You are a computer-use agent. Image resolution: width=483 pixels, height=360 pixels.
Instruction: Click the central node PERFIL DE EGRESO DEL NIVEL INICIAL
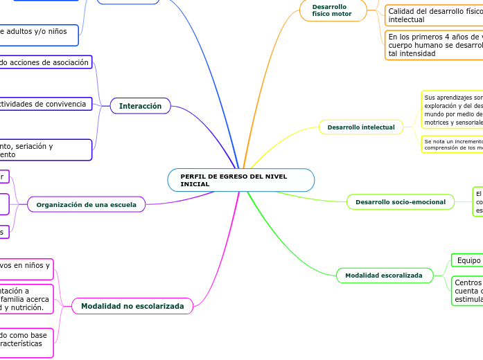coord(240,180)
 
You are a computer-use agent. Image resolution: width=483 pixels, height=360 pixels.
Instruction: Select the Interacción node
coord(140,106)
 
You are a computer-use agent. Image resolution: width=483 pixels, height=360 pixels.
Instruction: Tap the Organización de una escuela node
coord(86,204)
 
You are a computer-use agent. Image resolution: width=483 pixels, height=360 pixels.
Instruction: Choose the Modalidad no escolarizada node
coord(132,306)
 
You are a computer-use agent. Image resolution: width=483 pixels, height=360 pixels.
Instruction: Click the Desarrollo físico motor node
coord(333,10)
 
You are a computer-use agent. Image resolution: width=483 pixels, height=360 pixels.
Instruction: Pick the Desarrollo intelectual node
coord(361,127)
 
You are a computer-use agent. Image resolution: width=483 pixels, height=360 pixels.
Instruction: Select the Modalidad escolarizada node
coord(383,276)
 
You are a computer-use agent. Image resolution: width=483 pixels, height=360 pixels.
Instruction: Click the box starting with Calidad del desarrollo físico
coord(434,15)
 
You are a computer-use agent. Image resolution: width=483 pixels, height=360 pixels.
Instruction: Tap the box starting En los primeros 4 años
coord(434,45)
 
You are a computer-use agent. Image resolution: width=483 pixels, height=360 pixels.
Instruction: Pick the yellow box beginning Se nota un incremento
coord(453,144)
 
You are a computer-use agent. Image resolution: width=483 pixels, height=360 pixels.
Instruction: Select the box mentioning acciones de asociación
coord(45,62)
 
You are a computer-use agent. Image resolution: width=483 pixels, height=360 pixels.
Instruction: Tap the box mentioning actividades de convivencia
coord(45,104)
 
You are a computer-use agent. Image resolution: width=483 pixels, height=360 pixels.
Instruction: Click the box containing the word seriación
coord(45,150)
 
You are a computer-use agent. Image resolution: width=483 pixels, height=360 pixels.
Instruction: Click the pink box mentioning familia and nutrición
coord(26,299)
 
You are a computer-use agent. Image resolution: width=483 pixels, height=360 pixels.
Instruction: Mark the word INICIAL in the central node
coord(195,184)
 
